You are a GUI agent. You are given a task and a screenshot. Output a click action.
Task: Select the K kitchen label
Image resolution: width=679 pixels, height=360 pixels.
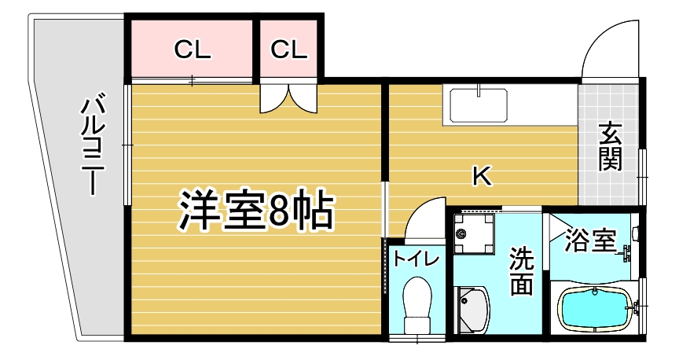[x=482, y=176]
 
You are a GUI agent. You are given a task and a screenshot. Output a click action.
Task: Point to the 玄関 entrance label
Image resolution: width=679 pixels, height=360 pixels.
[x=611, y=147]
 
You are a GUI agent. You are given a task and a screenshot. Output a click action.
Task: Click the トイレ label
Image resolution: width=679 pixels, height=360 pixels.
[x=417, y=259]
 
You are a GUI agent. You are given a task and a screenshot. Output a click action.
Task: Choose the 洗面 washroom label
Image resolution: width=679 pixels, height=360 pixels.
[x=521, y=271]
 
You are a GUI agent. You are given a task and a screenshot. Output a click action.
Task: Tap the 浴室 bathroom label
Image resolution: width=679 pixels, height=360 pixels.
[x=589, y=241]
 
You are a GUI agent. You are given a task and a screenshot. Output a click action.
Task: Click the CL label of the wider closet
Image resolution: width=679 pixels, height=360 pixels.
[x=193, y=50]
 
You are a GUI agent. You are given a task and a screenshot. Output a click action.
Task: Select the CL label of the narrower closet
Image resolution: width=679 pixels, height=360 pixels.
[x=289, y=50]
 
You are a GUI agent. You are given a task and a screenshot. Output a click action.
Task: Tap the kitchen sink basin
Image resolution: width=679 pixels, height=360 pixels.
[x=479, y=105]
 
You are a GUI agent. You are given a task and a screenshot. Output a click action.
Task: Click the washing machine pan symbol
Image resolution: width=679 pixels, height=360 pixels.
[x=473, y=234]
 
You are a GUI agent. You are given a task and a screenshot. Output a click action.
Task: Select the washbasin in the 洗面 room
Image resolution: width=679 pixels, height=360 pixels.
[x=472, y=310]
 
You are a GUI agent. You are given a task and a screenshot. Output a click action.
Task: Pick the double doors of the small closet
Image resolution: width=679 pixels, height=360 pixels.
[x=289, y=99]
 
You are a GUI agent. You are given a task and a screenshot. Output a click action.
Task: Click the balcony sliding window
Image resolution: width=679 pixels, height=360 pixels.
[x=127, y=145]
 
